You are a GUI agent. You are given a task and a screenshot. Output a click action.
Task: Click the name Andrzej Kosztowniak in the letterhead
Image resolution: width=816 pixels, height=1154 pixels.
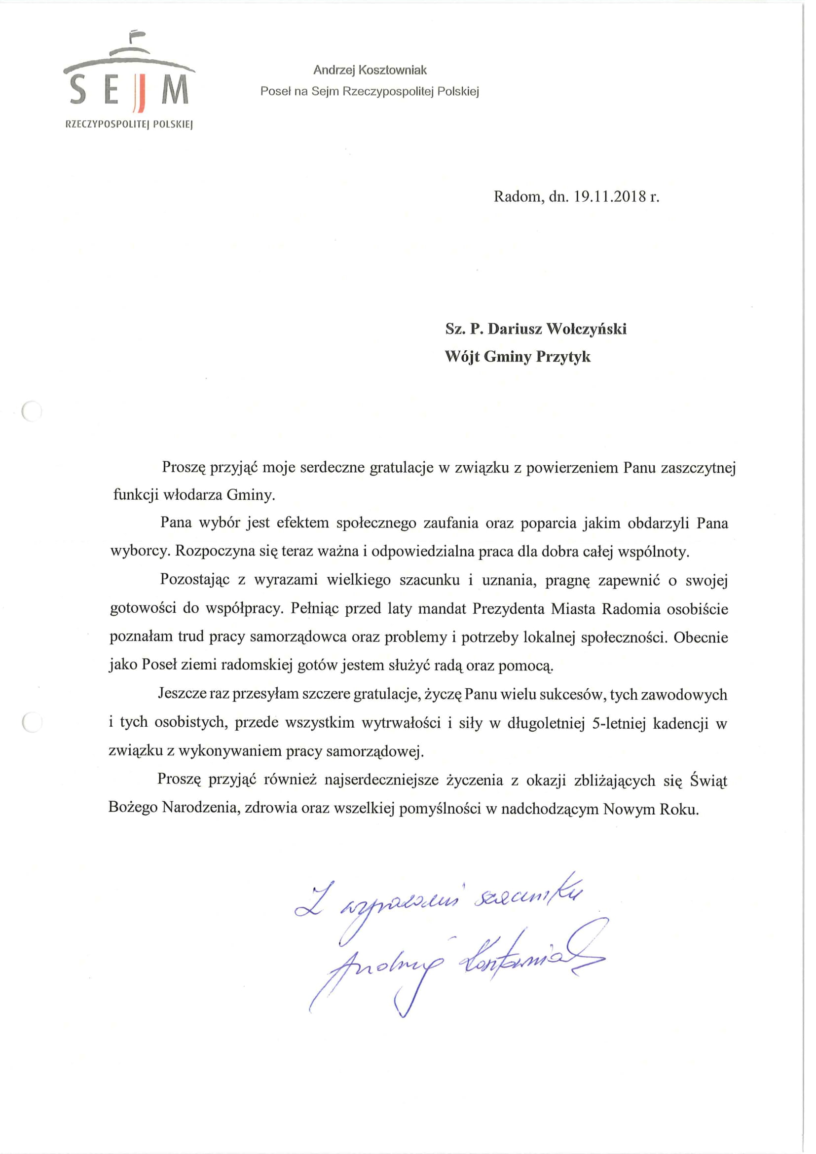pyautogui.click(x=370, y=71)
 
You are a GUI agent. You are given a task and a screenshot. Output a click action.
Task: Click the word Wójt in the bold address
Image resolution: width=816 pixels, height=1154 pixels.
pyautogui.click(x=462, y=357)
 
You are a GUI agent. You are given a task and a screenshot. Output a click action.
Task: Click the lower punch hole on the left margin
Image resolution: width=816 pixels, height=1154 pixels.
pyautogui.click(x=32, y=722)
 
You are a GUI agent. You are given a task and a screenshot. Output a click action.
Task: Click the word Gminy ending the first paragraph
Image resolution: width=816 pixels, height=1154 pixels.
pyautogui.click(x=250, y=495)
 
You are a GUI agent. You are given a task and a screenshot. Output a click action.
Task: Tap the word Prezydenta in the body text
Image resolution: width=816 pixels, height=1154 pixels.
pyautogui.click(x=508, y=609)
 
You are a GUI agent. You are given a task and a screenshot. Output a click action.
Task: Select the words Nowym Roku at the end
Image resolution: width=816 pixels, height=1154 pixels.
pyautogui.click(x=651, y=809)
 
